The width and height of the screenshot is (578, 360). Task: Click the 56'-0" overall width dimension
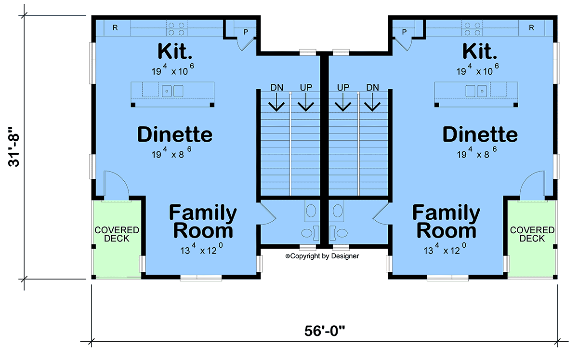(324, 331)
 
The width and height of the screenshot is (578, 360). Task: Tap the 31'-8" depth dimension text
(13, 147)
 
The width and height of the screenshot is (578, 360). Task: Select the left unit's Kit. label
(175, 51)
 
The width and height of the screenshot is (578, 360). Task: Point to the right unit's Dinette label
(480, 134)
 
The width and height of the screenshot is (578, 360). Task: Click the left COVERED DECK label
(117, 234)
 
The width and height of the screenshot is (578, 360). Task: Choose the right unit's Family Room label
(446, 221)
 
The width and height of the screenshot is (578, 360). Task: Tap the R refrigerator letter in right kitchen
(531, 27)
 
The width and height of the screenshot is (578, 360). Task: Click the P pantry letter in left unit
(246, 32)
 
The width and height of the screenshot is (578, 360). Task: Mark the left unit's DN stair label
(276, 88)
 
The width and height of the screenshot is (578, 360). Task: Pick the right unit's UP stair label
(343, 88)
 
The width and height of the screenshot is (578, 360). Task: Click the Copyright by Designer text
(322, 256)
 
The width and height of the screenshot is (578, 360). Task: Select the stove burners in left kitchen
(176, 28)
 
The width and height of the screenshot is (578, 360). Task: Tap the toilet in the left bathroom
(309, 233)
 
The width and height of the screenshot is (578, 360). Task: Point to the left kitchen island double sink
(172, 91)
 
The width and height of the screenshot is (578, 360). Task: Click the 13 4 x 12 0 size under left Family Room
(201, 249)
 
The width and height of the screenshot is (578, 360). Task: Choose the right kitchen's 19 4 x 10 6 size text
(477, 70)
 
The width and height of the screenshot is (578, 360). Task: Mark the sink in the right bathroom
(338, 211)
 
